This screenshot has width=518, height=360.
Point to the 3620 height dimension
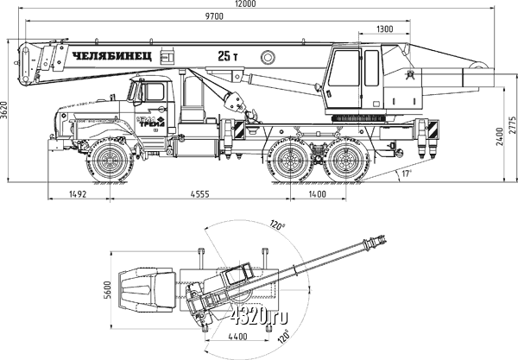point(7,109)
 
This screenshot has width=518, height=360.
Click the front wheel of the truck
point(111,161)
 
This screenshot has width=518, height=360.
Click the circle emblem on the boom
point(268,57)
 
